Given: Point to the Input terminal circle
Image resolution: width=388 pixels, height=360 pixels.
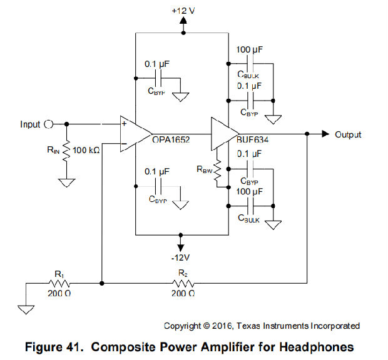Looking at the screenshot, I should point(48,124).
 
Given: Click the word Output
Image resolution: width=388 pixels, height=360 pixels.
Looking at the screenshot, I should point(348,134).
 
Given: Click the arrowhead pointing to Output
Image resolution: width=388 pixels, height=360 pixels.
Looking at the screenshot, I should point(325,134).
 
